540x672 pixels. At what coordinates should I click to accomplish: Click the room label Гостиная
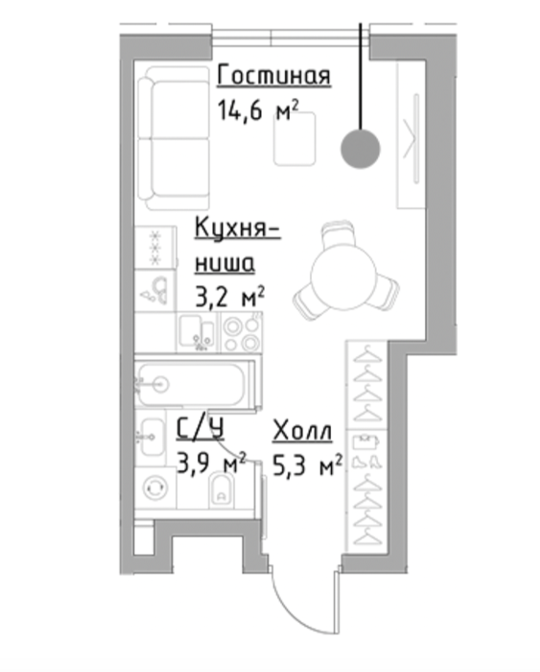(x=274, y=76)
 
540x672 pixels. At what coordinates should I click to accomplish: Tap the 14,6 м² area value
(x=258, y=110)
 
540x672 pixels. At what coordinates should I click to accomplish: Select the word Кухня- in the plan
(x=238, y=228)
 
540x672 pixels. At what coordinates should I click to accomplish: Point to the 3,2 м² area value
(x=229, y=297)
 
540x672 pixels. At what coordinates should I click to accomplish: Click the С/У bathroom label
(x=200, y=430)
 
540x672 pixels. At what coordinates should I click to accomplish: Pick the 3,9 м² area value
(x=212, y=463)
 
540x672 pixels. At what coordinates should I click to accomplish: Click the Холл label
(x=302, y=431)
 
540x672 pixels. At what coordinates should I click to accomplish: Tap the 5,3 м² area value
(x=308, y=465)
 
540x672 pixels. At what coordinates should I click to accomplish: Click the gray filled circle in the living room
(x=361, y=149)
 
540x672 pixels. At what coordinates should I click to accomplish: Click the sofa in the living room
(x=174, y=138)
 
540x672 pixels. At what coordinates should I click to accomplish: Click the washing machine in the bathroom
(x=155, y=488)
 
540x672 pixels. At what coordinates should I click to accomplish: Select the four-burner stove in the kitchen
(x=242, y=332)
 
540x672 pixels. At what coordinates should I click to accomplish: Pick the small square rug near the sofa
(x=294, y=138)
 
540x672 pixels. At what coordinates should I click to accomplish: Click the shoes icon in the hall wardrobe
(x=367, y=462)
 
